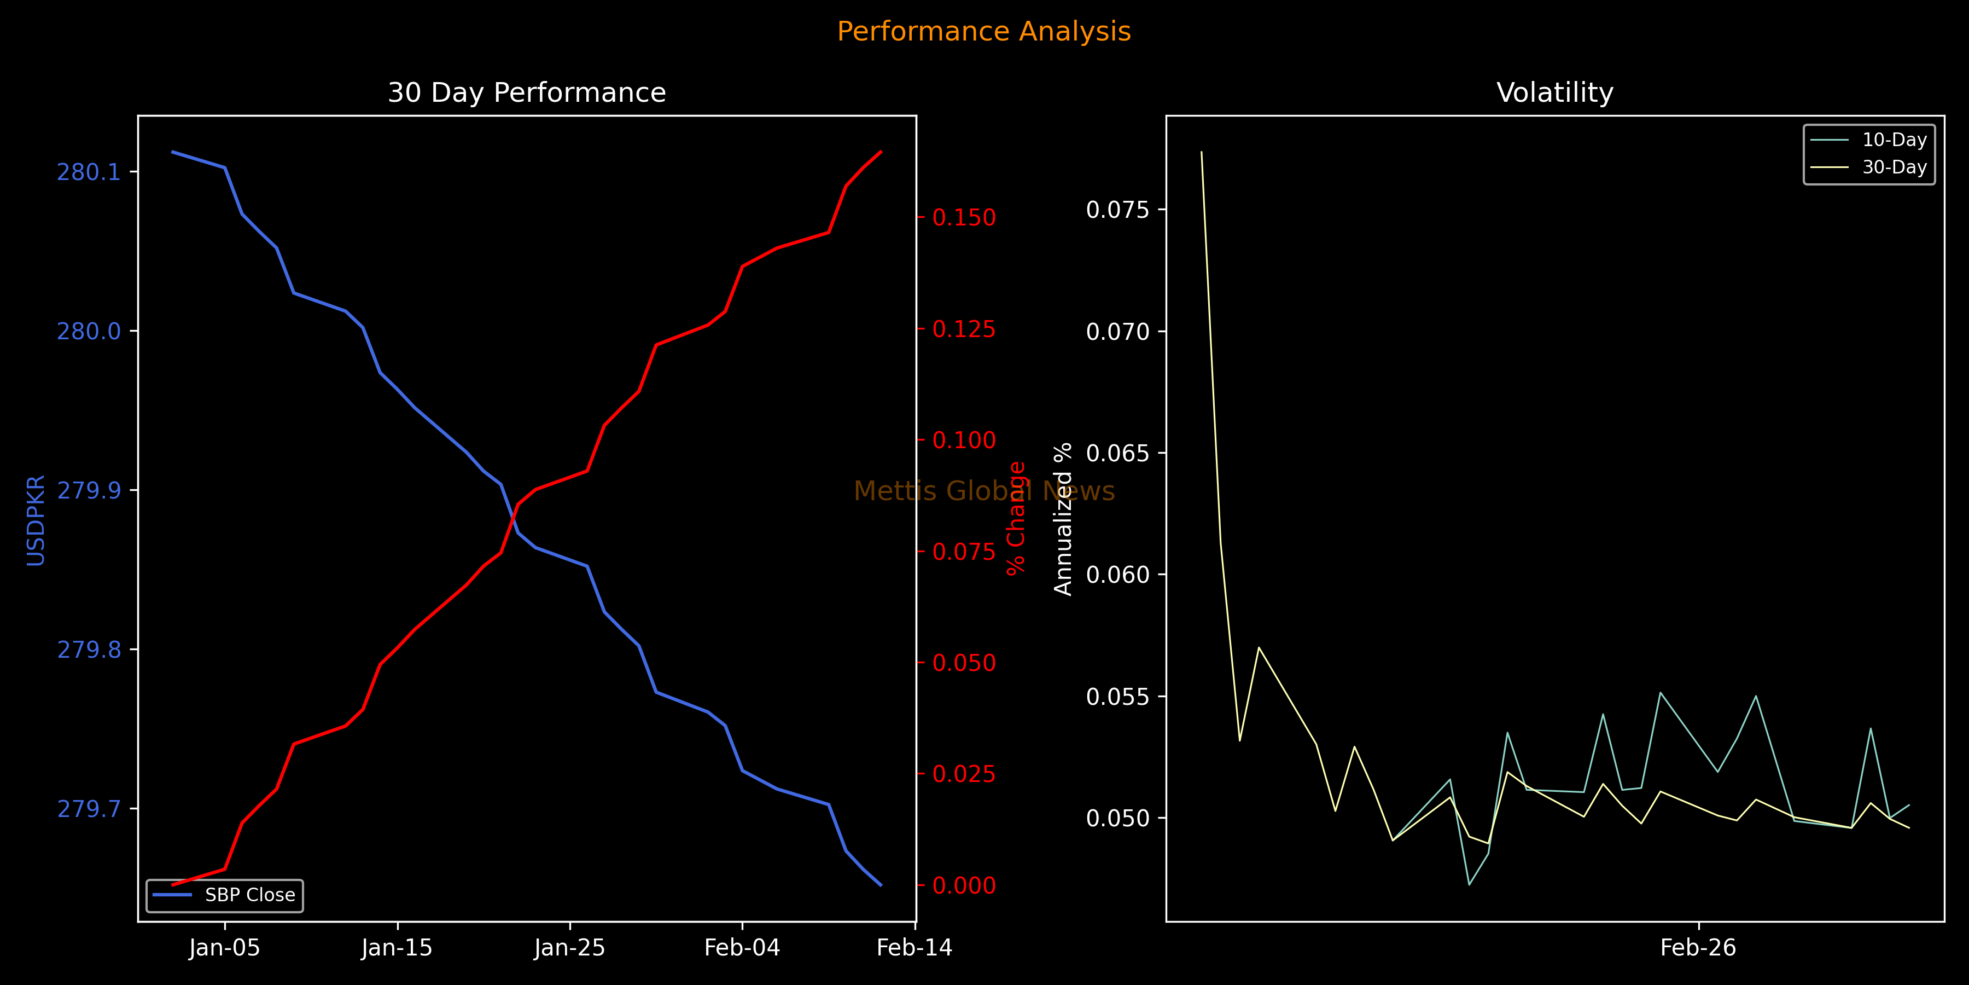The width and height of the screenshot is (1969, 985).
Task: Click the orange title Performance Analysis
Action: (984, 31)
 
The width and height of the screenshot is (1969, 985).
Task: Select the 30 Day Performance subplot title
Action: (527, 92)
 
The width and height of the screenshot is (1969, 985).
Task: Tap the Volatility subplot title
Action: (1555, 92)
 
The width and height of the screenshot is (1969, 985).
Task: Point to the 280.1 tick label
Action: (89, 172)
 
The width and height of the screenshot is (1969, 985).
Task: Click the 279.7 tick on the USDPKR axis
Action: (89, 809)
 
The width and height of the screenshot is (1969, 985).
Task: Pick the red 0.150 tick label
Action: (964, 218)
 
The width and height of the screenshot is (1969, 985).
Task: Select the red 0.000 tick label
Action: (964, 885)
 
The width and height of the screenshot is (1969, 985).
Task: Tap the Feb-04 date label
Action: (742, 948)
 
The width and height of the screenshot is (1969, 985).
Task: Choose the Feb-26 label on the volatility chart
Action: (1698, 948)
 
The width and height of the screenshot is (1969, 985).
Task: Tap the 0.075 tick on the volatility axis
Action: (1117, 210)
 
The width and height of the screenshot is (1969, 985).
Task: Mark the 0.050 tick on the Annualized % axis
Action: (1117, 818)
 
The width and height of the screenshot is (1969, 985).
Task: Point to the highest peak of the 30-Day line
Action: (1202, 152)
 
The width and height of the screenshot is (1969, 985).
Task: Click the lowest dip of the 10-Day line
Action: (1469, 885)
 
